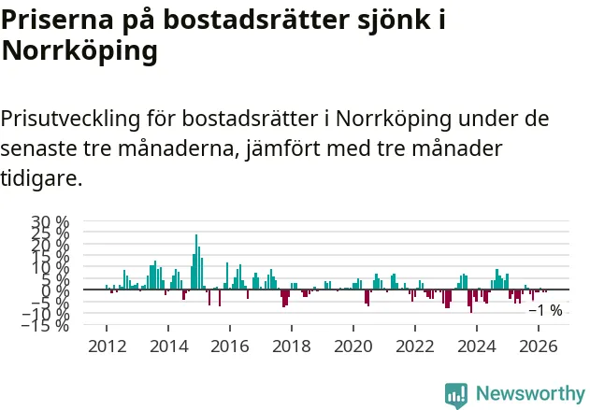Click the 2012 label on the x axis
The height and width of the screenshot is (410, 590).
tap(107, 346)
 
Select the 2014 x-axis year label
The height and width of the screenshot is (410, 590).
tap(168, 346)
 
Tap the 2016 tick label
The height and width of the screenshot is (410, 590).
tap(230, 346)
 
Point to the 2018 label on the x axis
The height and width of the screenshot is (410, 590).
tap(292, 346)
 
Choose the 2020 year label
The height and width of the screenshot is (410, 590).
tap(353, 346)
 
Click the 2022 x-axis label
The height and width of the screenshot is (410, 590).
tap(415, 346)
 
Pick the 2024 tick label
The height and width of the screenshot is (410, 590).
tap(477, 346)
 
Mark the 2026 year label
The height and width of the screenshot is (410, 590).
tap(539, 346)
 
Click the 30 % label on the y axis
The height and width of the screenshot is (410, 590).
tap(50, 222)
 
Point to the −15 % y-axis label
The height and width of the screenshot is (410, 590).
tap(45, 325)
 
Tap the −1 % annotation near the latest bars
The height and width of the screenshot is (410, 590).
tap(546, 311)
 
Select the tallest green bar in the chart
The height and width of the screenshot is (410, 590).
tap(196, 262)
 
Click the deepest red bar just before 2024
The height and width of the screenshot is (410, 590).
tap(471, 301)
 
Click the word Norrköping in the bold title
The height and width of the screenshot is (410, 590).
tap(79, 51)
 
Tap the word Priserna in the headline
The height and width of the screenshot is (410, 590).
tap(57, 20)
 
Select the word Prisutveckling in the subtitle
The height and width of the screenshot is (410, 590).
tap(70, 120)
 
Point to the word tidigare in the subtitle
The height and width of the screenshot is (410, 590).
tap(40, 178)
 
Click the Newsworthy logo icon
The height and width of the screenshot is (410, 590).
tap(456, 395)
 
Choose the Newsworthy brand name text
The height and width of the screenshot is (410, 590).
tap(530, 394)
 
